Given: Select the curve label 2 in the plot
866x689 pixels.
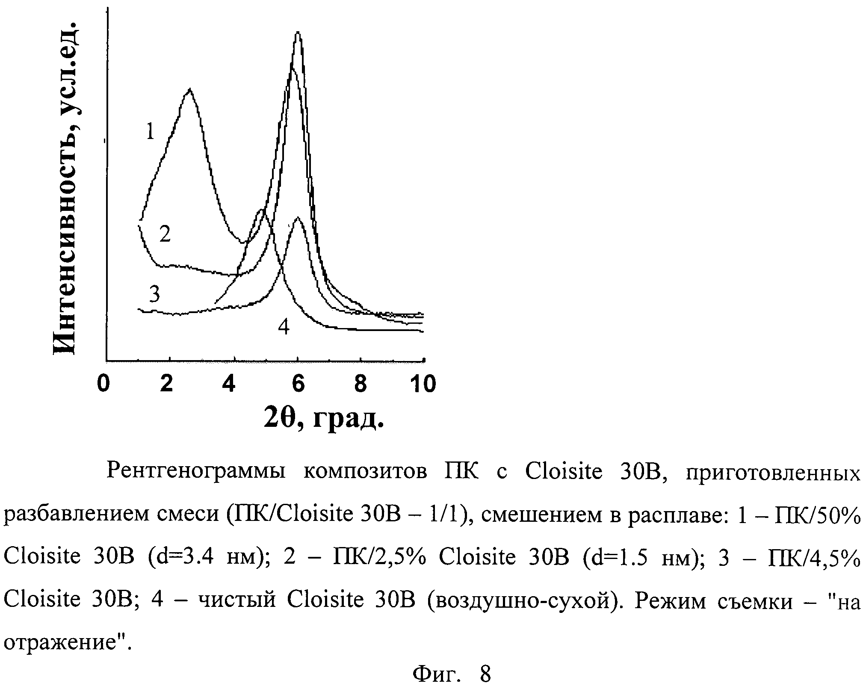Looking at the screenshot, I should tap(165, 234).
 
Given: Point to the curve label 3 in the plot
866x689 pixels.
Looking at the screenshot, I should tap(154, 294).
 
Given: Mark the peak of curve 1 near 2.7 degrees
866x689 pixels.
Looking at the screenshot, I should tap(189, 89).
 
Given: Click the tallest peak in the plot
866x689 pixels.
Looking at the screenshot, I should tap(298, 33).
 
